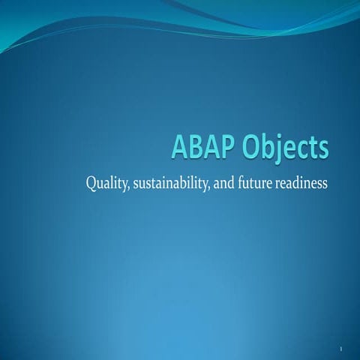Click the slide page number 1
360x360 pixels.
340,349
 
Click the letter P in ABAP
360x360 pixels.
234,145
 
